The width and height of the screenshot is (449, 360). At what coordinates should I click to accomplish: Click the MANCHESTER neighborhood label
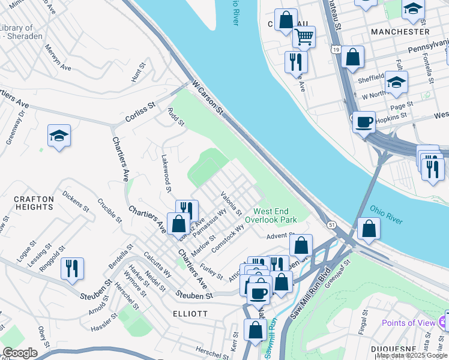400,31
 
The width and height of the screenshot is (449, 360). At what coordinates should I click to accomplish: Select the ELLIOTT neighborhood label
189,314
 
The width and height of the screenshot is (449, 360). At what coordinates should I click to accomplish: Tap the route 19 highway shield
335,49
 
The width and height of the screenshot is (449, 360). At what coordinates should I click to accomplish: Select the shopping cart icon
304,37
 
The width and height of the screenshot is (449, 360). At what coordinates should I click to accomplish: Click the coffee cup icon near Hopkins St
364,123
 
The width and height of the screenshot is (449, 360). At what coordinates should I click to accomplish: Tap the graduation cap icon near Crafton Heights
59,136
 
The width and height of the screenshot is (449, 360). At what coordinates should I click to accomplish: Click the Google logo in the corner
20,353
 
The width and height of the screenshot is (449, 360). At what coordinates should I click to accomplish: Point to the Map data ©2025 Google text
411,355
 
